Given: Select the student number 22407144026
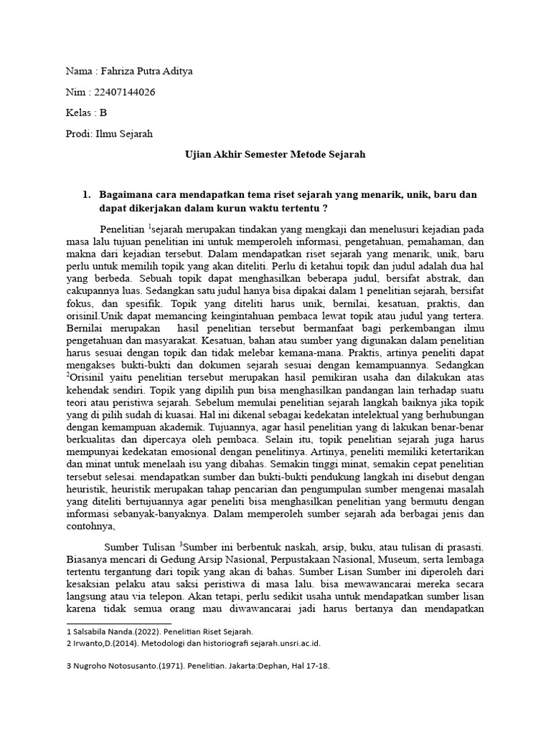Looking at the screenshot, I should coord(122,92).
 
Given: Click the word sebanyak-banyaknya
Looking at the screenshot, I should coord(171,514).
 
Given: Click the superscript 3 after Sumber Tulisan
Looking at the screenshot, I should coord(181,544).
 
